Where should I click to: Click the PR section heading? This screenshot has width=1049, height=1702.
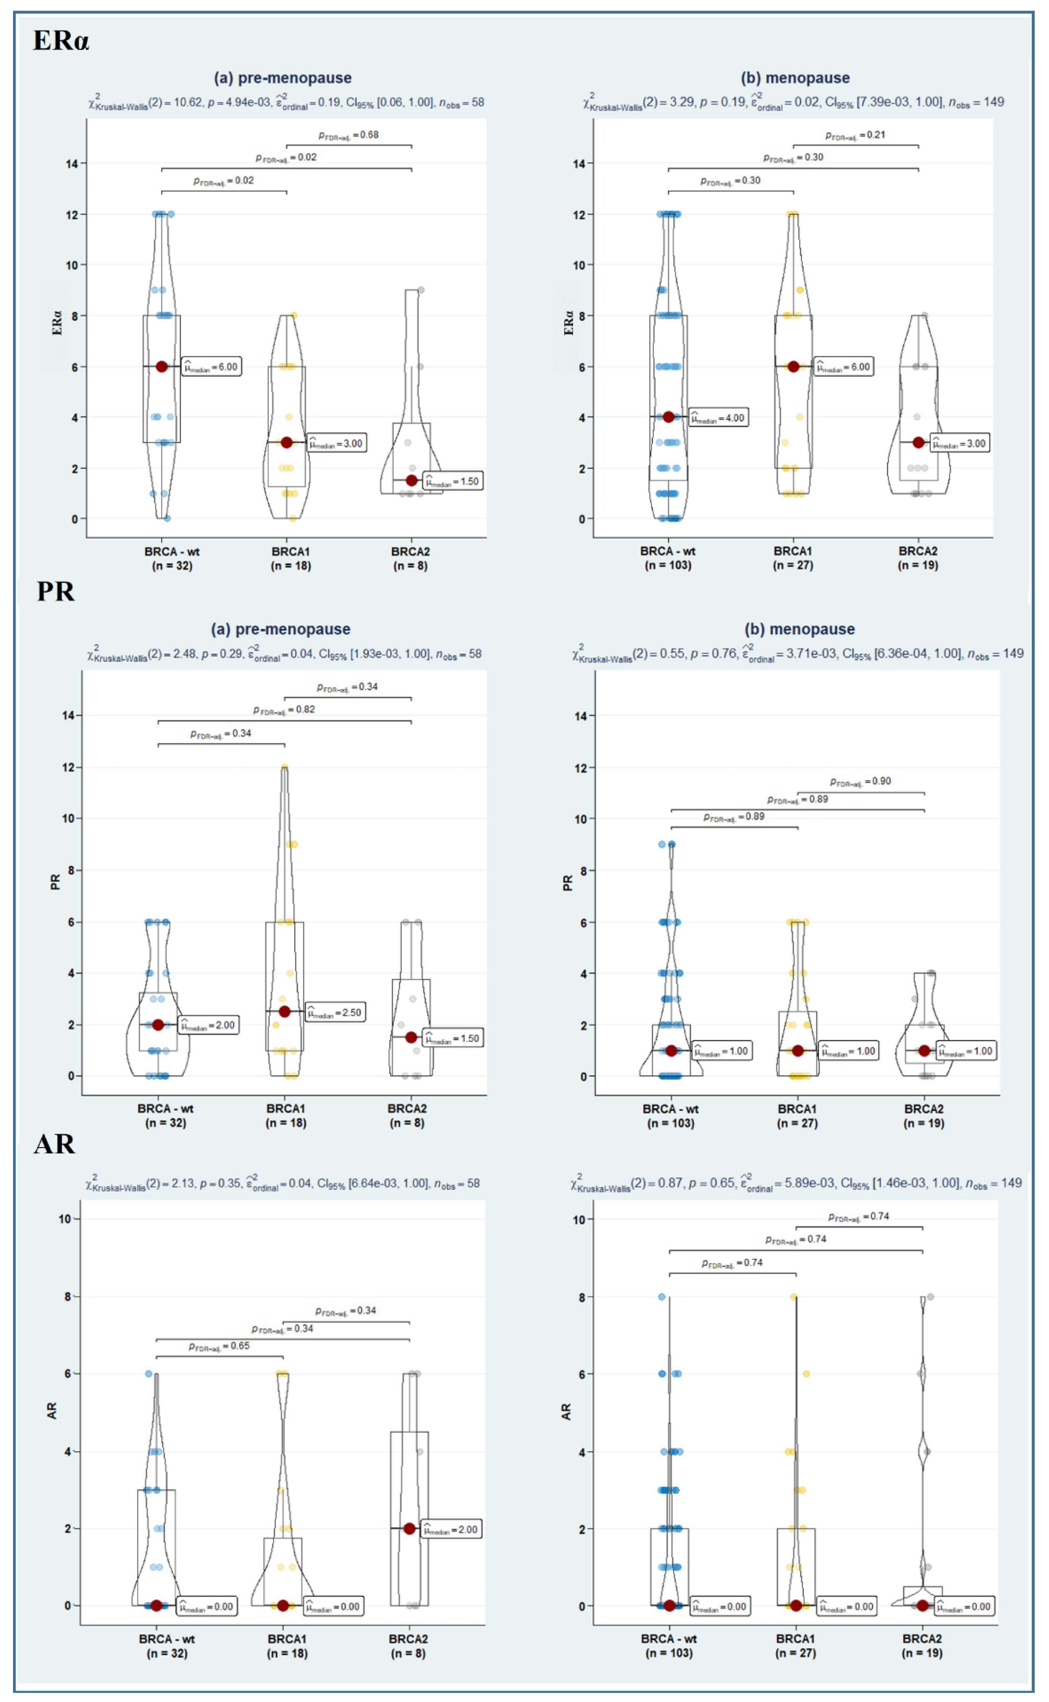[x=56, y=592]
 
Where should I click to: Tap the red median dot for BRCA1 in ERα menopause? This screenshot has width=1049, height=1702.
[x=793, y=367]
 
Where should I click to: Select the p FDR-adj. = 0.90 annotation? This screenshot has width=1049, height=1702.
[x=860, y=781]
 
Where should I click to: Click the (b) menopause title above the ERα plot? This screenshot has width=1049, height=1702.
[x=795, y=78]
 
